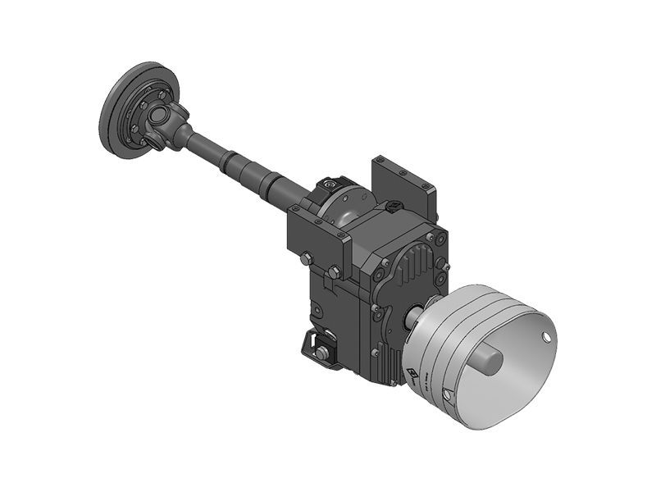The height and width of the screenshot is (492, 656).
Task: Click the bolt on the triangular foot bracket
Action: [321, 353]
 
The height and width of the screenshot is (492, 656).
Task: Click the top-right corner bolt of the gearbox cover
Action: [441, 239]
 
